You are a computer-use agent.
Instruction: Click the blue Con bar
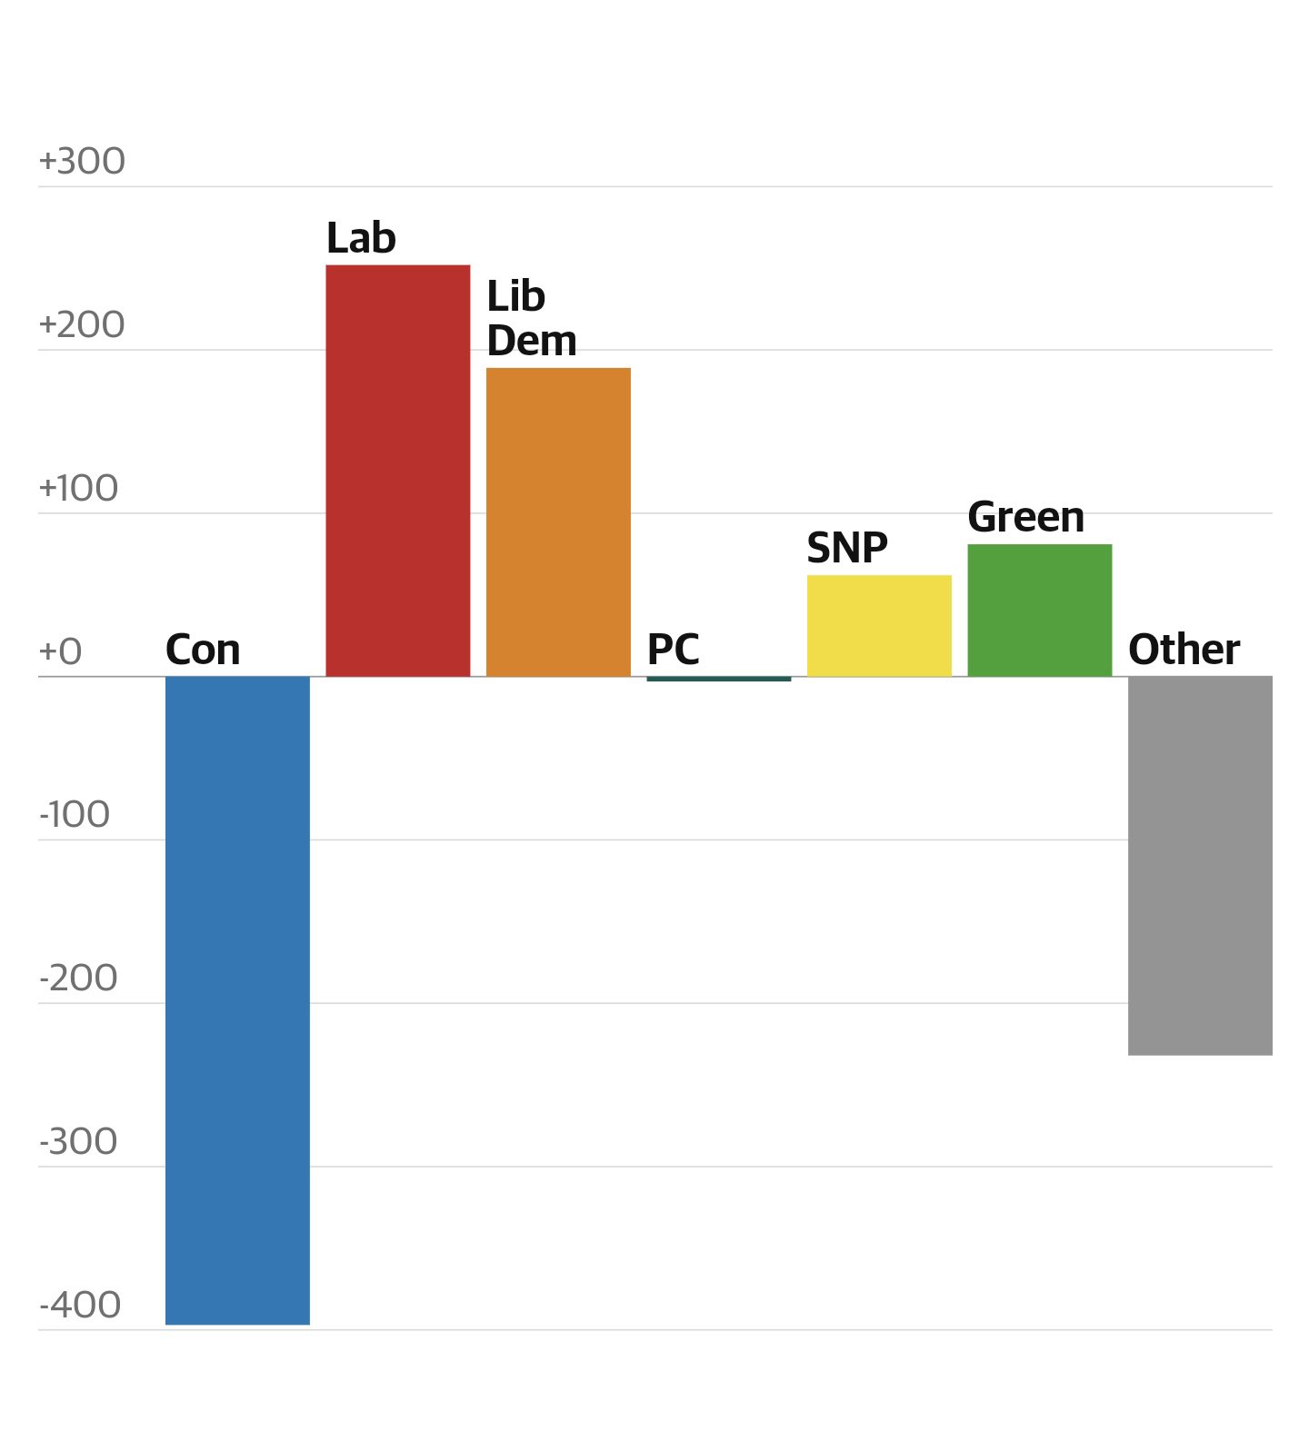coord(237,999)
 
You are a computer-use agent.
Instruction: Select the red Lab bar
coord(397,471)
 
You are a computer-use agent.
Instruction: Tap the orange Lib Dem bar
coord(558,522)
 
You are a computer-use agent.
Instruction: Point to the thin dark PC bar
coord(718,679)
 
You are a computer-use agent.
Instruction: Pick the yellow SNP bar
coord(879,626)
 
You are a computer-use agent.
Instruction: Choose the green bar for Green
coord(1039,611)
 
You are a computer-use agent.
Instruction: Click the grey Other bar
coord(1200,865)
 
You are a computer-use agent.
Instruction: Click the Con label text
coord(203,650)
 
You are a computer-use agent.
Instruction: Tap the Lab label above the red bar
coord(361,238)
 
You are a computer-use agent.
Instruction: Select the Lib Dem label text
coord(531,318)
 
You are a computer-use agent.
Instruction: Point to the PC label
coord(673,650)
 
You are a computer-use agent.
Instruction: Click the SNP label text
coord(846,548)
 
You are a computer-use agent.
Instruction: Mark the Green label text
coord(1025,517)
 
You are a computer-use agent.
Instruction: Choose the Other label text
coord(1184,650)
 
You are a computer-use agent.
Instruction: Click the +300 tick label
coord(82,161)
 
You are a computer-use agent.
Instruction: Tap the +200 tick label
coord(82,324)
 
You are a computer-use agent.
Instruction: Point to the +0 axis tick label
coord(60,651)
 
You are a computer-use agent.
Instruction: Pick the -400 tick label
coord(80,1305)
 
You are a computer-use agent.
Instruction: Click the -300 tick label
coord(78,1141)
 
